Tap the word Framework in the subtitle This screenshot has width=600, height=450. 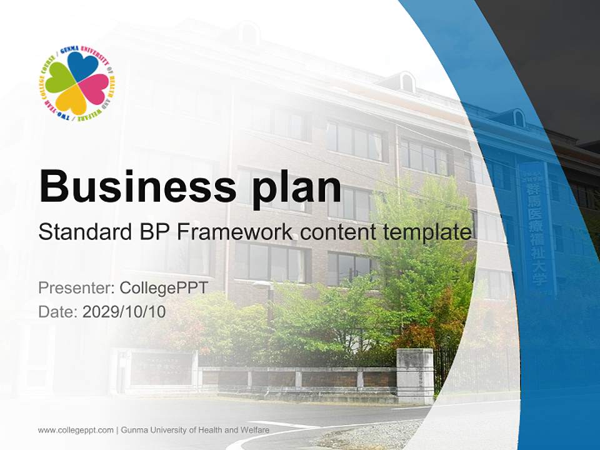[x=234, y=232]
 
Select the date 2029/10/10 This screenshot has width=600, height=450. [x=124, y=311]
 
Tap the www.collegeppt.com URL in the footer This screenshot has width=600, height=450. [x=76, y=430]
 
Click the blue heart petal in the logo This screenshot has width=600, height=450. [x=83, y=66]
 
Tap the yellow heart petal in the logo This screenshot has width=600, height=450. [x=71, y=100]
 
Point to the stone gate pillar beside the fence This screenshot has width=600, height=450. [x=415, y=375]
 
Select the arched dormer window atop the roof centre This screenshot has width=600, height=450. [x=406, y=81]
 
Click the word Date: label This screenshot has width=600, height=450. [x=58, y=311]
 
